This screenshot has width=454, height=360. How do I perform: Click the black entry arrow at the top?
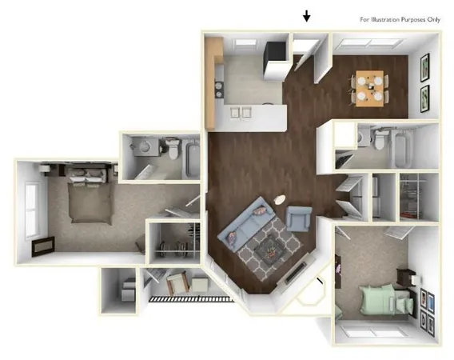(306, 16)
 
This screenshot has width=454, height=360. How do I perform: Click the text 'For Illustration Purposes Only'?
(398, 18)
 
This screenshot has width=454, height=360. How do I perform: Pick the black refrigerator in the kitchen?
(277, 51)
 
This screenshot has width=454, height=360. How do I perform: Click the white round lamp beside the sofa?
(280, 200)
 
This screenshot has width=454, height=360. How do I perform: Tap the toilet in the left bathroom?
(170, 149)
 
